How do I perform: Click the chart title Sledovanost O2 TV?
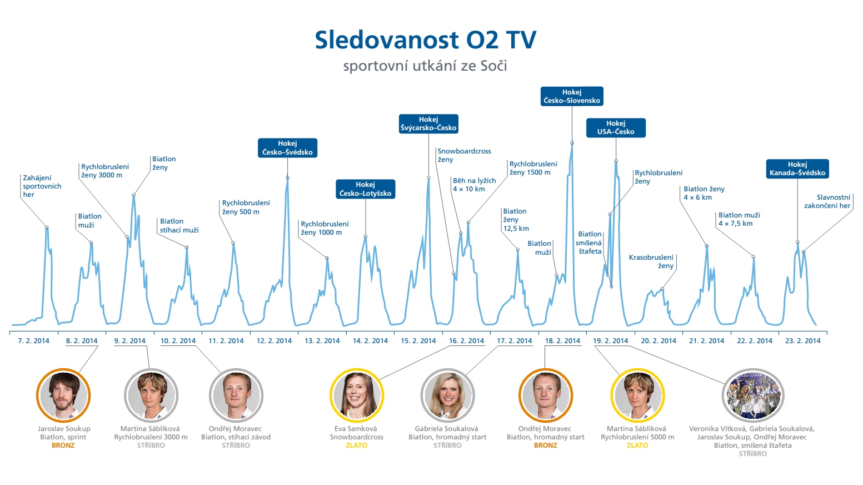point(426,40)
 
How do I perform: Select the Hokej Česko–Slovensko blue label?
point(572,96)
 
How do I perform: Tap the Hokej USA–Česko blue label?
point(616,128)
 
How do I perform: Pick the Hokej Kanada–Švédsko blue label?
point(797,169)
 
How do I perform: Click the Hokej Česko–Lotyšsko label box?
point(366,189)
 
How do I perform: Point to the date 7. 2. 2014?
point(34,341)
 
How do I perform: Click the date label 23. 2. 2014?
point(802,341)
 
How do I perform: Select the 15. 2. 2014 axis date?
point(418,341)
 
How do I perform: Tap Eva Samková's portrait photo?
point(357,395)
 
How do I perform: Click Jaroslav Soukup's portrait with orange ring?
point(63,395)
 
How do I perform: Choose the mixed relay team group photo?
point(753,395)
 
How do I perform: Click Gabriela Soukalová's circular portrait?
point(447,395)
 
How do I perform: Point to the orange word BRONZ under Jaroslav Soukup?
point(63,446)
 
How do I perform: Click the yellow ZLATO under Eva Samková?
point(357,446)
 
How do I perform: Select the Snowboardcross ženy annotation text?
point(464,155)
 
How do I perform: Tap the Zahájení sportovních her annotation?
point(42,186)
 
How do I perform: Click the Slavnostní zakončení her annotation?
point(827,201)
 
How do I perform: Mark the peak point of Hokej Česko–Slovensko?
point(572,143)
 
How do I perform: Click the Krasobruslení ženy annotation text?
point(651,261)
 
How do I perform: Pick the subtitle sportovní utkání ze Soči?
point(425,66)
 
